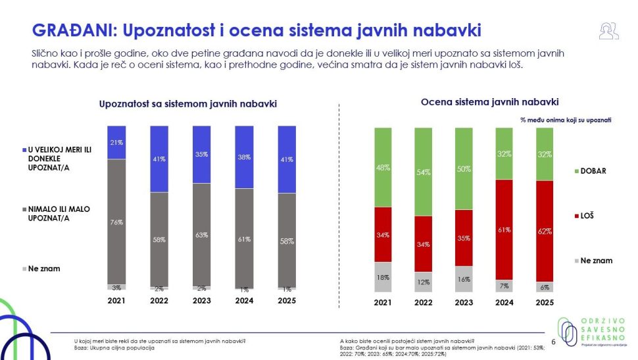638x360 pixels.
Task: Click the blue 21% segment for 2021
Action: tap(116, 142)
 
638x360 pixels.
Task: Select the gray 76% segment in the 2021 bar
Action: tap(116, 222)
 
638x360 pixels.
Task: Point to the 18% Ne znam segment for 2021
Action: tap(383, 276)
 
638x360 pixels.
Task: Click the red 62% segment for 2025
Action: tap(545, 231)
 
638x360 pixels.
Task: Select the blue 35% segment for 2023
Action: tap(201, 154)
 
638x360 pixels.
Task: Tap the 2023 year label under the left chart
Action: tap(201, 301)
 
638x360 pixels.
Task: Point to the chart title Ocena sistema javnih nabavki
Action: tap(489, 102)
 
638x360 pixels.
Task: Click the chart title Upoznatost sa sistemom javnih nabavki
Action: tap(188, 104)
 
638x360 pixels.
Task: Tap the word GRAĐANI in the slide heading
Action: tap(73, 30)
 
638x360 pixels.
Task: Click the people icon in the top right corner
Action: tap(608, 30)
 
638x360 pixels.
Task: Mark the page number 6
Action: tap(553, 342)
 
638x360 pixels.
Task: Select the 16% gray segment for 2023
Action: tap(464, 279)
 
